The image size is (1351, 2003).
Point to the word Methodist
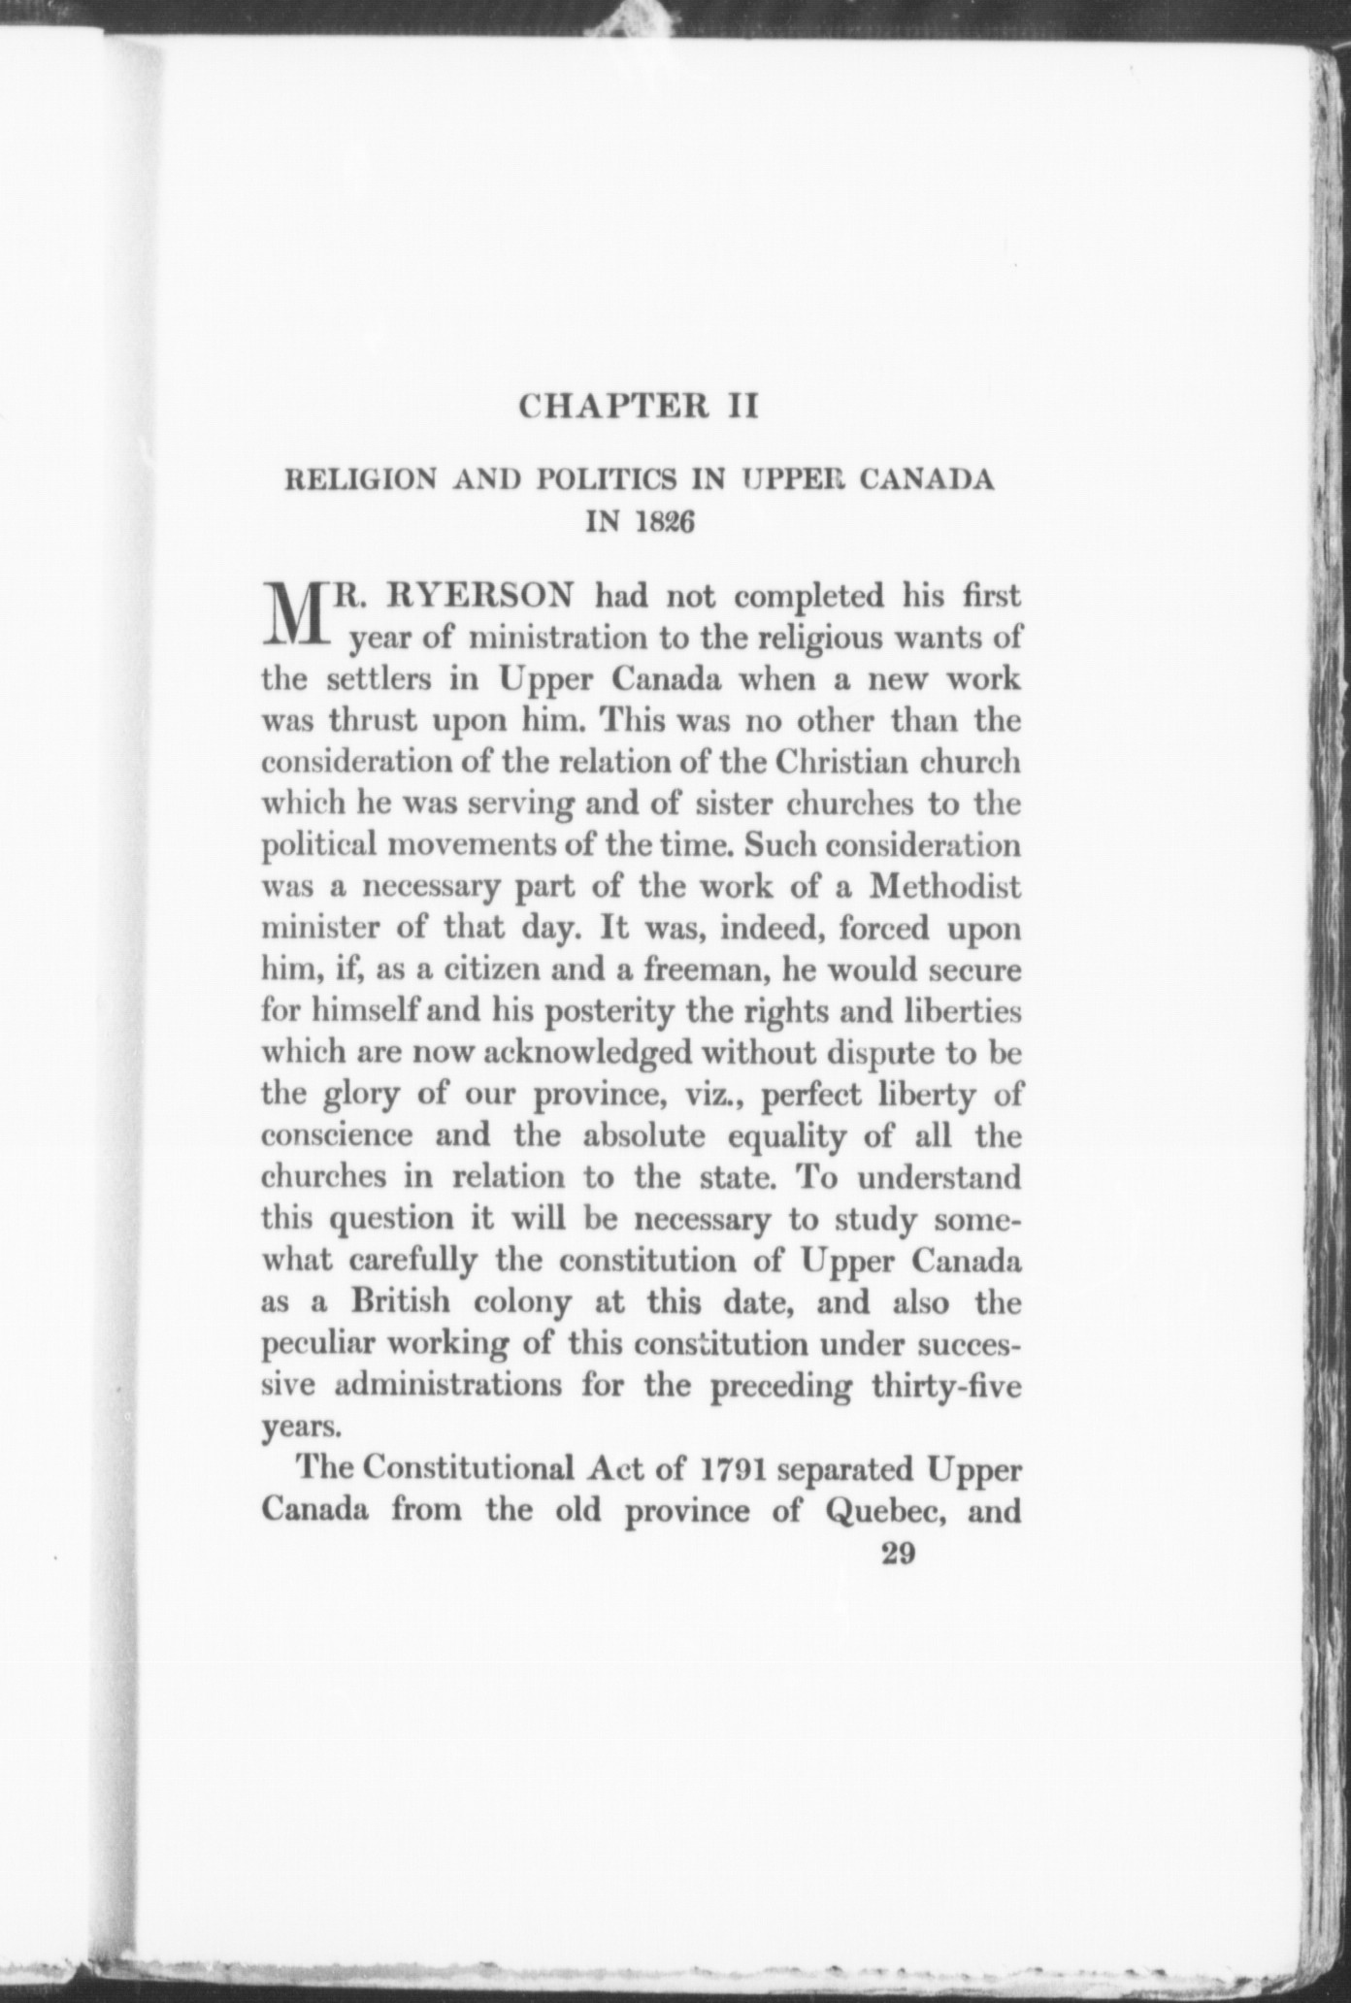[944, 887]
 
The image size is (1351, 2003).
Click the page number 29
[896, 1556]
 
